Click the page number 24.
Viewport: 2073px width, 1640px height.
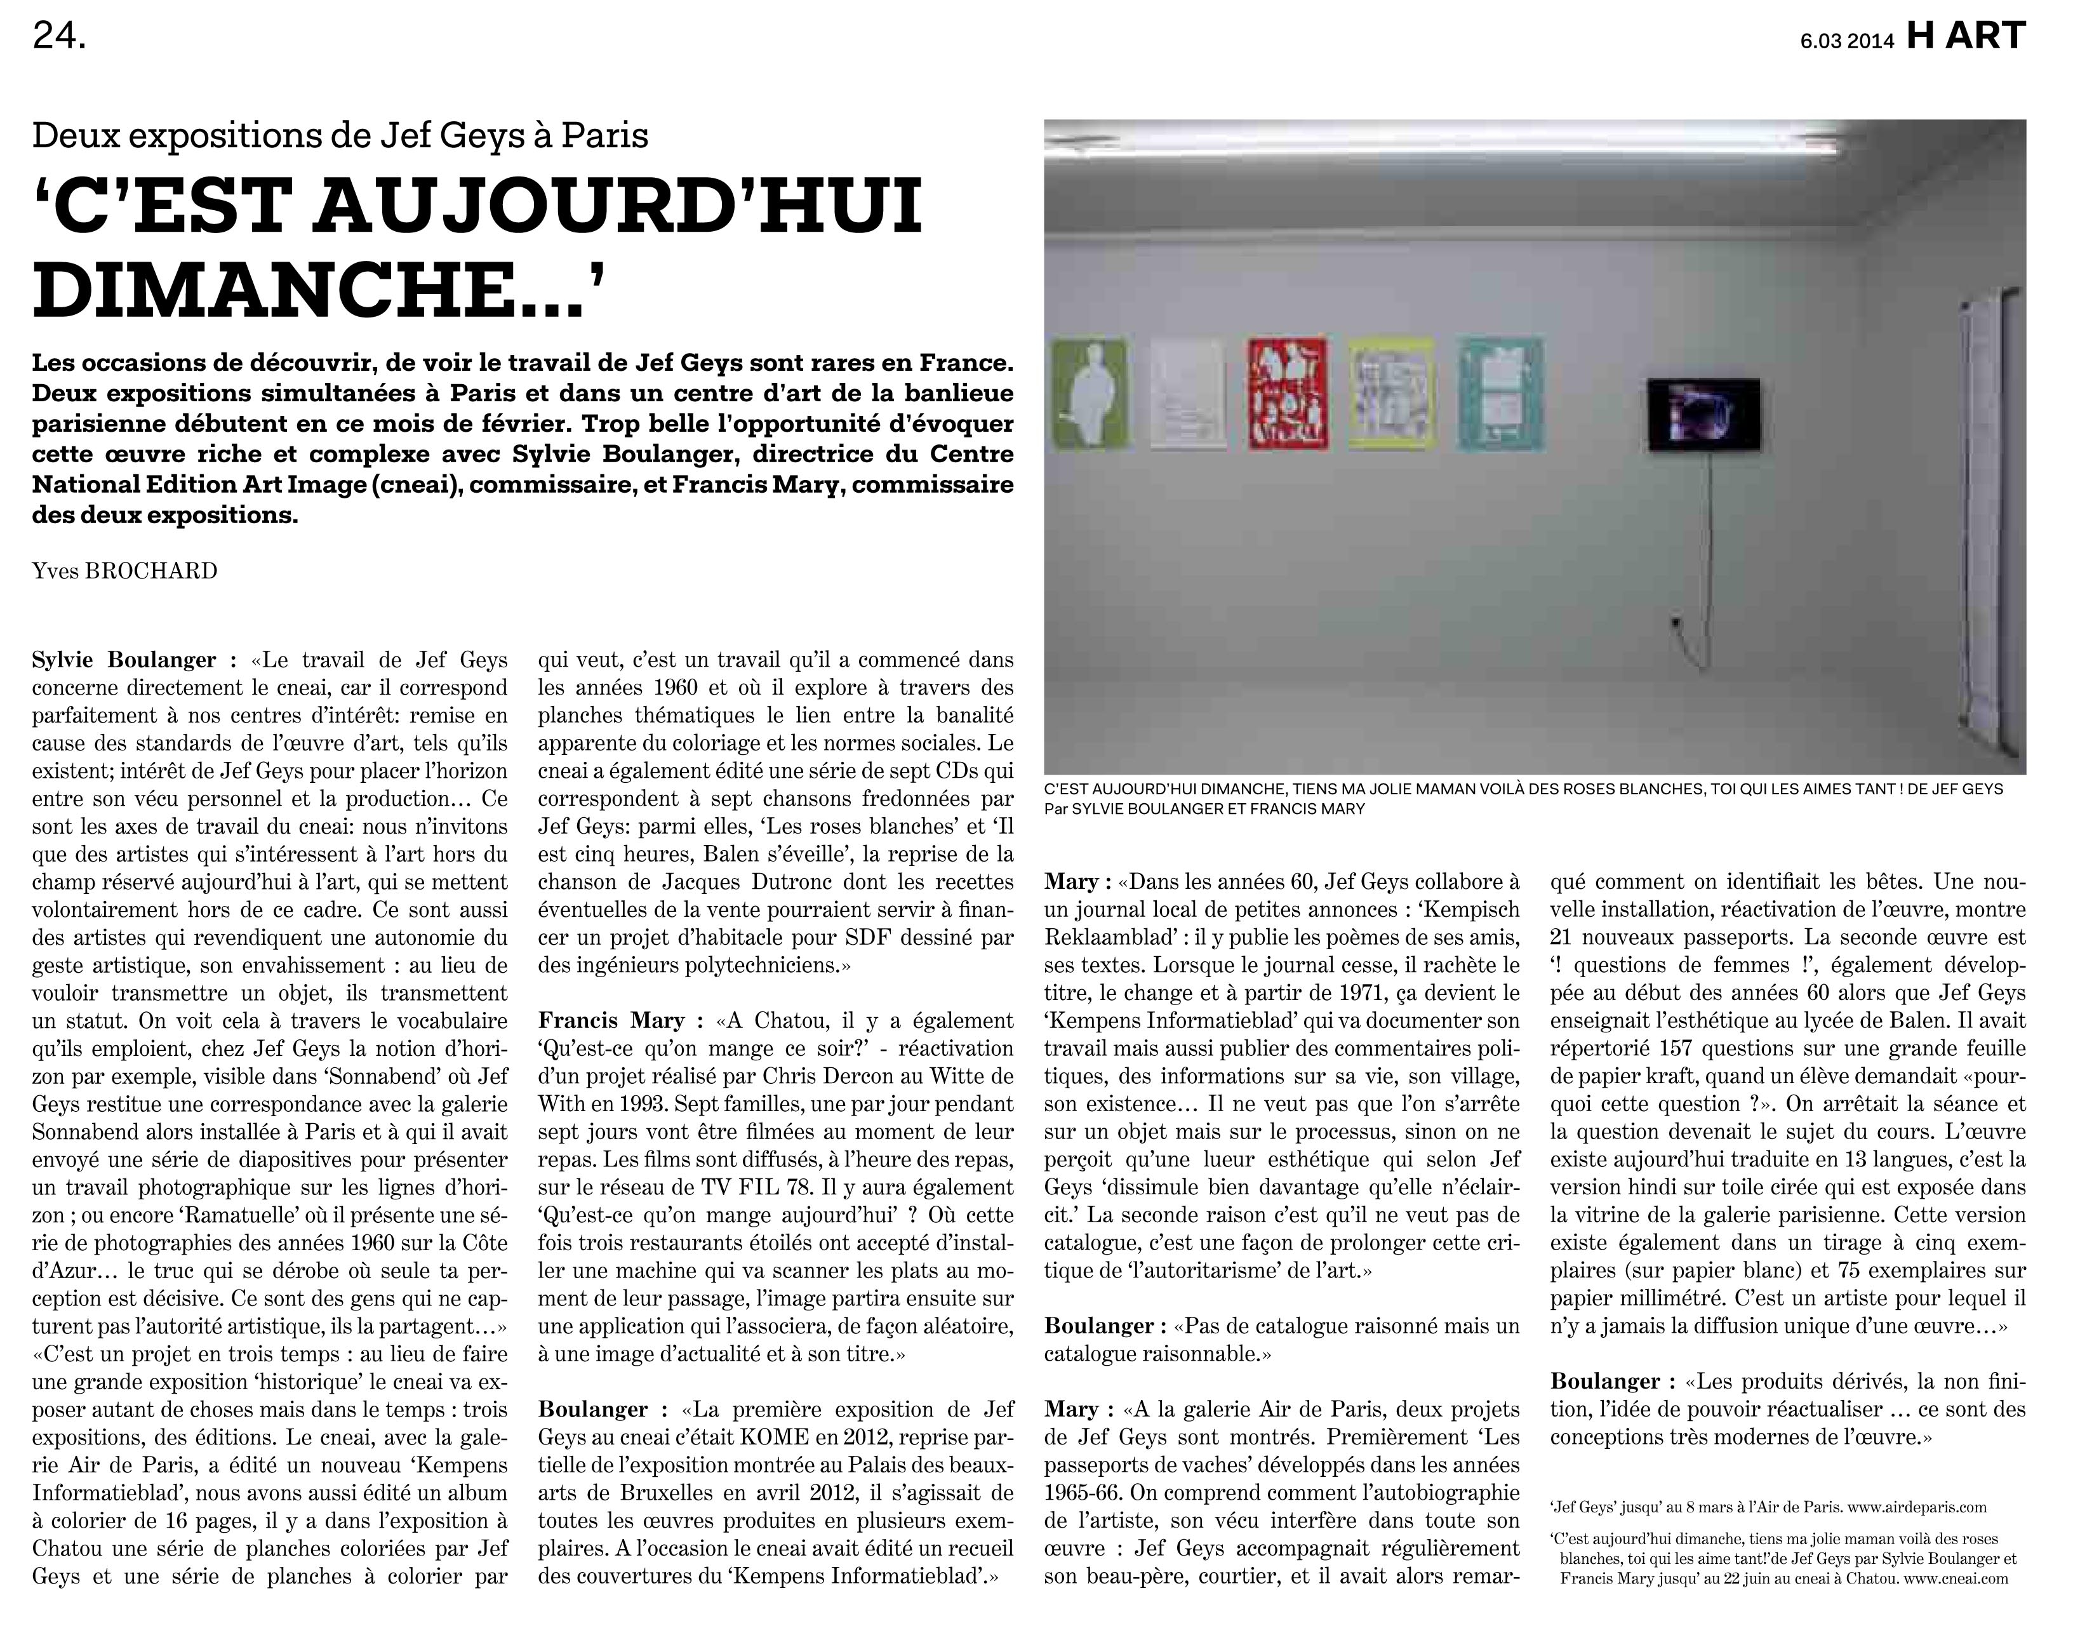tap(60, 36)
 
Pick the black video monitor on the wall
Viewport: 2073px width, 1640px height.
tap(1703, 415)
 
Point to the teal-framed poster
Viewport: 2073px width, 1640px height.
tap(1499, 394)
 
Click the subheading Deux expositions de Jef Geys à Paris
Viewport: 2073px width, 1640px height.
tap(340, 135)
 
